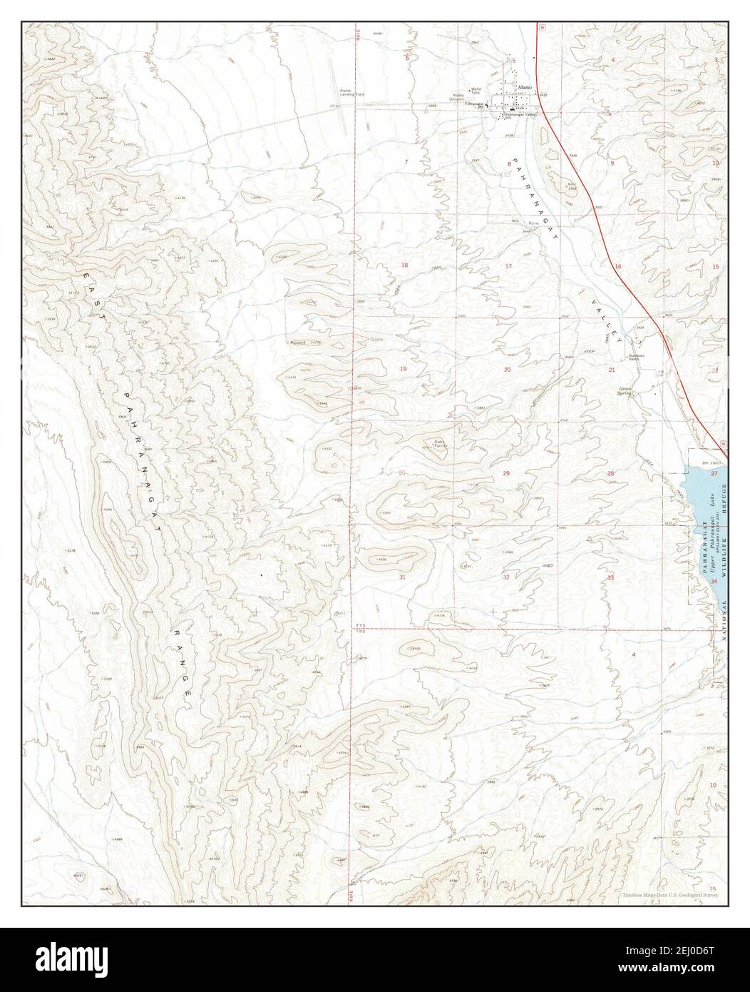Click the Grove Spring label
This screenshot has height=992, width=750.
(x=625, y=391)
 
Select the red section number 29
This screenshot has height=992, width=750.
(x=506, y=474)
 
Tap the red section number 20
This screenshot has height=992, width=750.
(x=507, y=370)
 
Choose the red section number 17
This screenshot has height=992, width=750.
(x=508, y=266)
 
